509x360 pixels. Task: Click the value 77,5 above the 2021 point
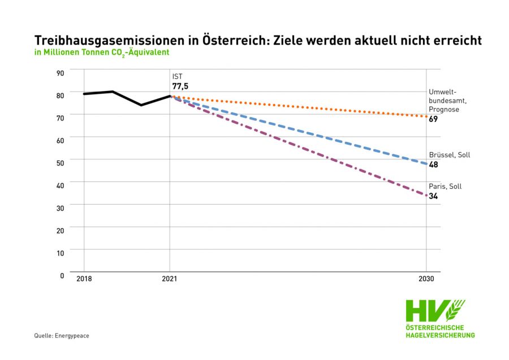click(180, 86)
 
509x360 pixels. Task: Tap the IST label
click(177, 76)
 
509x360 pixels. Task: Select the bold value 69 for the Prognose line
click(433, 119)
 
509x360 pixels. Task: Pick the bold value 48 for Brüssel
click(433, 164)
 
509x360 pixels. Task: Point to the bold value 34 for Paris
click(433, 196)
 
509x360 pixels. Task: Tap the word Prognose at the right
click(444, 110)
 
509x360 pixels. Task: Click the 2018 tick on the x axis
click(84, 279)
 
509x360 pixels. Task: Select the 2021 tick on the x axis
click(170, 279)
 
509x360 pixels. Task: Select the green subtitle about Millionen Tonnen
click(102, 52)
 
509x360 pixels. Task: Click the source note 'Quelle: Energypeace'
click(62, 336)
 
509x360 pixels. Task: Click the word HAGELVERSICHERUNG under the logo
click(440, 335)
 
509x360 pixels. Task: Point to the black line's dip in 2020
click(141, 105)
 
